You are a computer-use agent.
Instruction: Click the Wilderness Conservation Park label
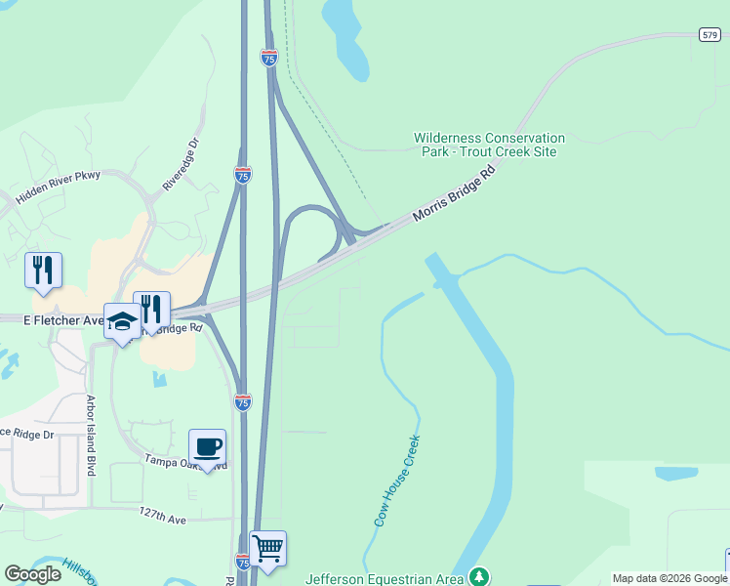(x=489, y=146)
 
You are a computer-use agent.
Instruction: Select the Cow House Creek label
(x=396, y=481)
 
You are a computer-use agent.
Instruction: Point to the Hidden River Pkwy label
(x=58, y=184)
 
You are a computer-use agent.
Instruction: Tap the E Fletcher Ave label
(x=50, y=319)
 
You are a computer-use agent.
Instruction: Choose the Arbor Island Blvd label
(x=91, y=436)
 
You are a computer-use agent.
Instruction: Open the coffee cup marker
(x=207, y=448)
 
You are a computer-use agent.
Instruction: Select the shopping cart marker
(x=267, y=549)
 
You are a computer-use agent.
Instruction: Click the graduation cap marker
(x=123, y=322)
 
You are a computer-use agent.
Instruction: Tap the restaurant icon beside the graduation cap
(x=151, y=310)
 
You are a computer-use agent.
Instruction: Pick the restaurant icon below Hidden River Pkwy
(x=43, y=271)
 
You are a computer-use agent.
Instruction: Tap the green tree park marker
(x=478, y=576)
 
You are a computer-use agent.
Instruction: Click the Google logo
(x=32, y=574)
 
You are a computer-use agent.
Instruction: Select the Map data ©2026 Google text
(x=669, y=578)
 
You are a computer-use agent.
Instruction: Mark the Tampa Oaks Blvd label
(x=185, y=460)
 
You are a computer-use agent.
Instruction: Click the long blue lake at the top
(x=347, y=39)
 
